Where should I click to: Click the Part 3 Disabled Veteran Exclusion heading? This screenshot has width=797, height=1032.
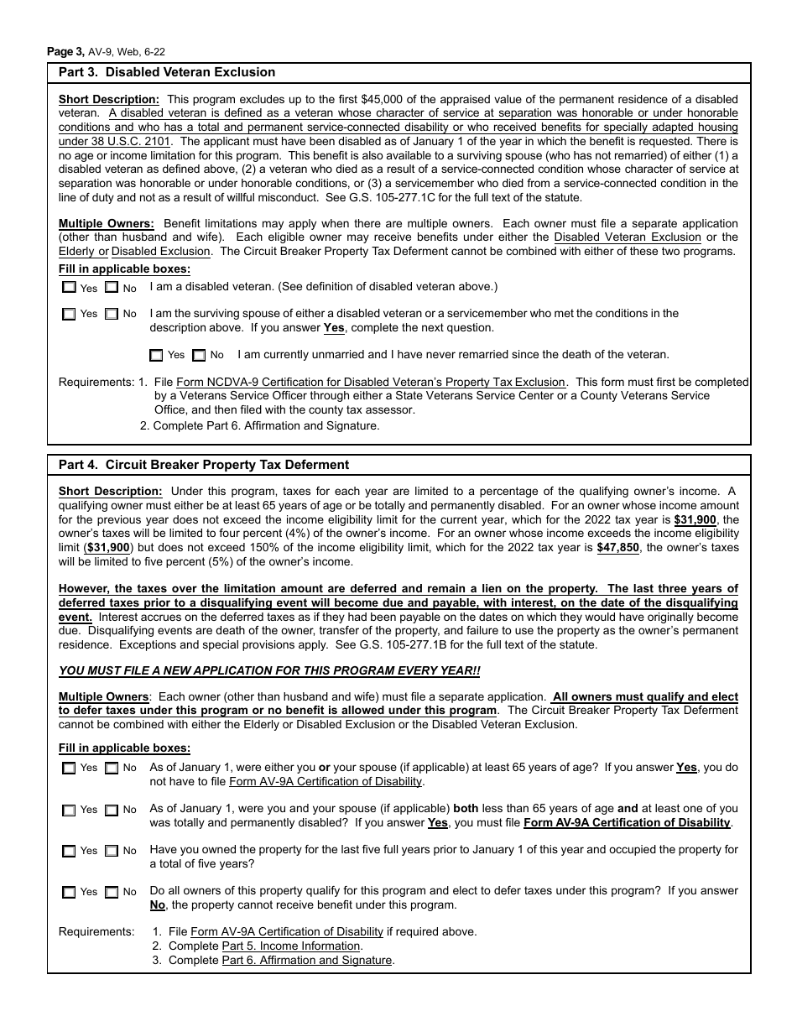click(166, 73)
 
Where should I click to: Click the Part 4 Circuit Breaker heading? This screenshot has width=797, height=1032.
click(203, 465)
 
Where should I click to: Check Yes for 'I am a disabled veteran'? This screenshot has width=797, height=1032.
click(70, 288)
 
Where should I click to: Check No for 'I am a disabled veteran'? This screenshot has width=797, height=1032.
click(112, 288)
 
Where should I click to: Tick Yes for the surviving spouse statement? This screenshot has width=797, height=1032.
click(70, 314)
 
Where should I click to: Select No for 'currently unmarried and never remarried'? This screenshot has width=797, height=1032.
click(199, 355)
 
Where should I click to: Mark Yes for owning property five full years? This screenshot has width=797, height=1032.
click(69, 851)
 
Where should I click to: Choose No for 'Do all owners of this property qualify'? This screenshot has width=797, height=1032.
click(112, 892)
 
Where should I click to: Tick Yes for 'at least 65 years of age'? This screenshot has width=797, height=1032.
click(69, 768)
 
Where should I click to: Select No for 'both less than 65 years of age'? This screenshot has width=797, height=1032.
click(112, 810)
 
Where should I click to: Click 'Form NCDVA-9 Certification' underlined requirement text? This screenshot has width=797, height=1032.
click(372, 383)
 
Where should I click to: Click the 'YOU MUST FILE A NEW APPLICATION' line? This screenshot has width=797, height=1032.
click(269, 671)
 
